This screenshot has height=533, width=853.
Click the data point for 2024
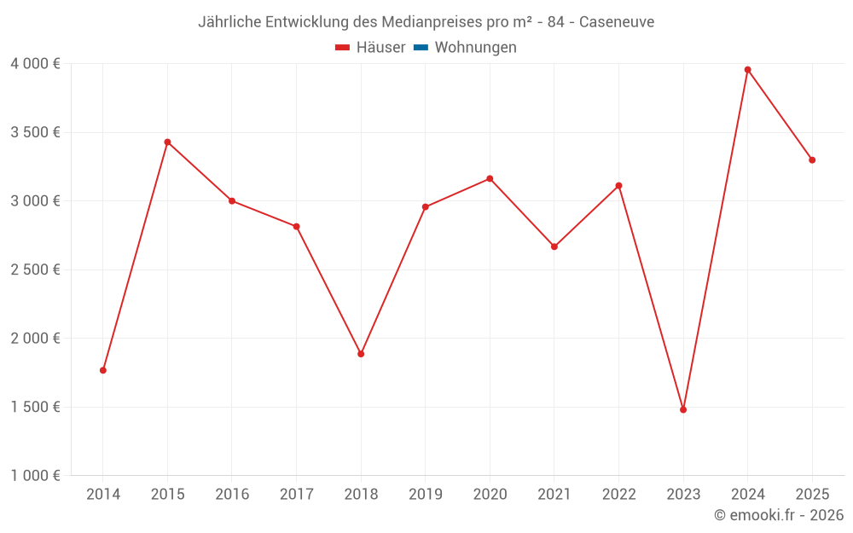[x=747, y=70]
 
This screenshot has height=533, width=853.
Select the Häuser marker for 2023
[x=683, y=409]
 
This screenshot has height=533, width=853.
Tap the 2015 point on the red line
[x=167, y=142]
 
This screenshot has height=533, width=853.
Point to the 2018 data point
[x=361, y=354]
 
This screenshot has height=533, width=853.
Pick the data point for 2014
[x=103, y=370]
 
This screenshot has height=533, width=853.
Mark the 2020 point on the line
[x=490, y=178]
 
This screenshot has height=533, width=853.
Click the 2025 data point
[x=812, y=160]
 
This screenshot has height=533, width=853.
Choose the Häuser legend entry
[x=371, y=48]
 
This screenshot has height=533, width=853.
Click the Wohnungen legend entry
[x=475, y=48]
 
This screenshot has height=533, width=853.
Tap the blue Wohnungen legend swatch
[x=421, y=48]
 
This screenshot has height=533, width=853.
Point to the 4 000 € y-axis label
[x=35, y=64]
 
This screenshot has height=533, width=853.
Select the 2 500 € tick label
[x=35, y=269]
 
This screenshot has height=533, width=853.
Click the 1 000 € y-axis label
[x=35, y=476]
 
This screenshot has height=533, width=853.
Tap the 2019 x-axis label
[x=426, y=494]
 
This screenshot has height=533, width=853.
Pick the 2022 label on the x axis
[x=618, y=494]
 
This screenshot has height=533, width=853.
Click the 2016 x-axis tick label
[x=232, y=494]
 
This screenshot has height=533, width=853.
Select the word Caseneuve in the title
[x=617, y=22]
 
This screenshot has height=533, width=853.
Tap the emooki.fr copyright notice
[x=779, y=515]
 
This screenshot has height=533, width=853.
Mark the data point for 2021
[x=554, y=246]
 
